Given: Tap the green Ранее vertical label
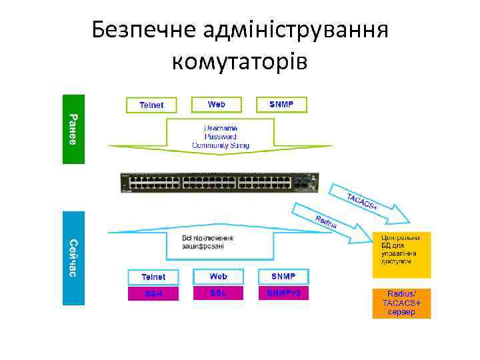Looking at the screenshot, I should [x=73, y=129].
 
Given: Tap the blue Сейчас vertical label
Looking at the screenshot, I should [x=73, y=258].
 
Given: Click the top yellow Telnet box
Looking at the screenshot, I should [x=151, y=105].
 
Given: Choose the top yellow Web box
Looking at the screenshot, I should [x=217, y=104].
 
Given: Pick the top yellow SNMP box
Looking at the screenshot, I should [x=281, y=104].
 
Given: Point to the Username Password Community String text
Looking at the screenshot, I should [x=221, y=136].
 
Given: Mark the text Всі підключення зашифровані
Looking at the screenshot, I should [x=207, y=241].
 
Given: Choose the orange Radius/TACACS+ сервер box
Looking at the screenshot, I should [x=401, y=303].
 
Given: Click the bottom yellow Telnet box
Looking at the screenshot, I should [x=153, y=277].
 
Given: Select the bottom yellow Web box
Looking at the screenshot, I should [x=218, y=276].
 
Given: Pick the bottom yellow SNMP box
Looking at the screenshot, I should [x=283, y=276].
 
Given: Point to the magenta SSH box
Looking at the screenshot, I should [x=153, y=293].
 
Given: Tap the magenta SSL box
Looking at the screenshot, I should [x=218, y=293].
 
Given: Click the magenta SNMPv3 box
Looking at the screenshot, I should [x=283, y=293].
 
